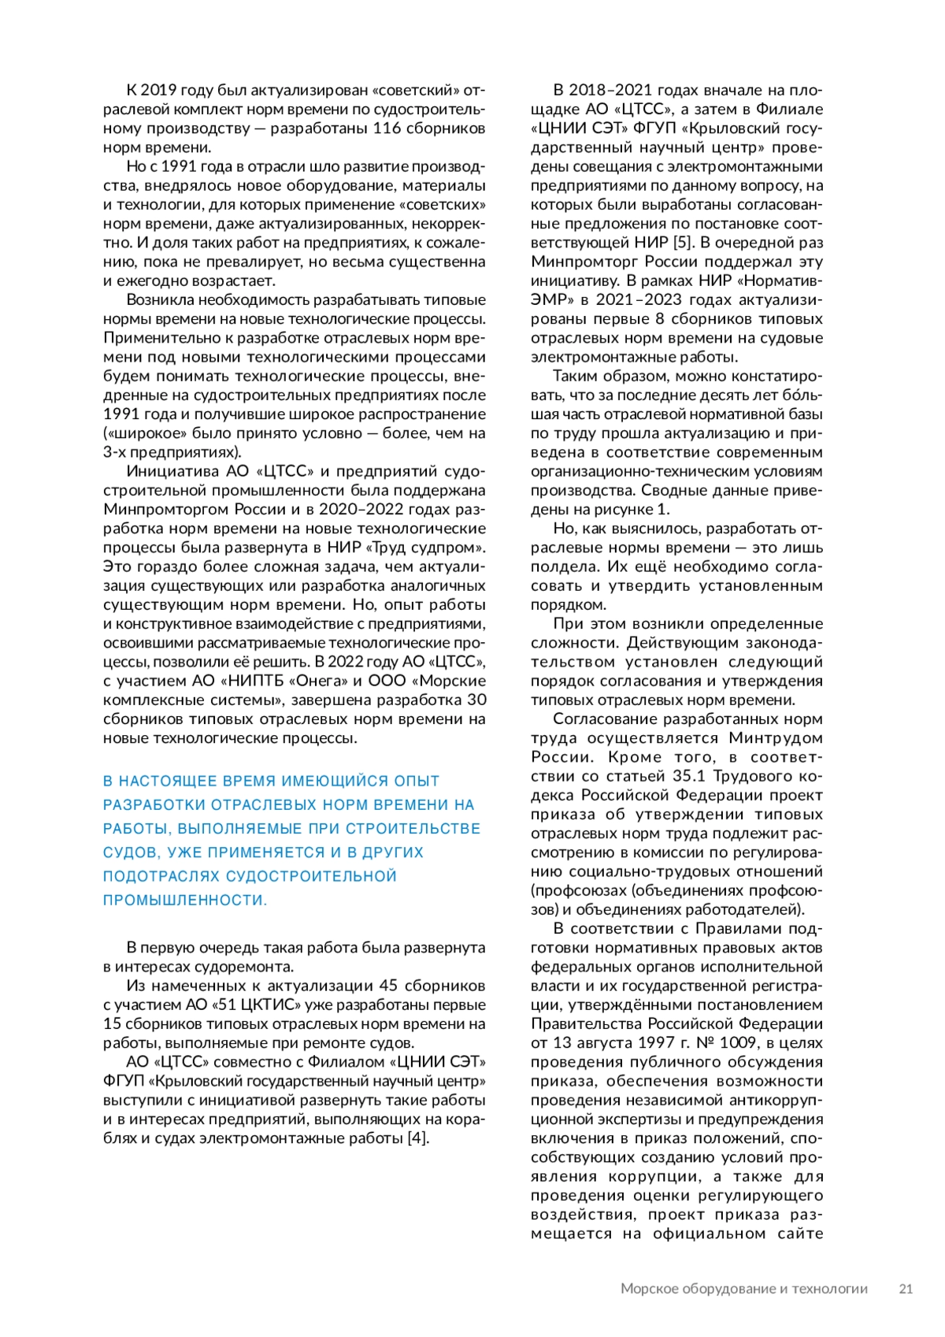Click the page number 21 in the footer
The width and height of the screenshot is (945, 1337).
click(906, 1289)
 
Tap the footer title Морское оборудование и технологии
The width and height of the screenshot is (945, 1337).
click(744, 1289)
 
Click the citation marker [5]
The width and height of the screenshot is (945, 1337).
click(682, 243)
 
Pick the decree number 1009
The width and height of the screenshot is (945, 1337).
click(743, 1043)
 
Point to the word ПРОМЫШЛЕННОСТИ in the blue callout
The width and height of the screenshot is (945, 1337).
click(184, 901)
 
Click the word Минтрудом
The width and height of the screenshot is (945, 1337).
click(776, 738)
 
